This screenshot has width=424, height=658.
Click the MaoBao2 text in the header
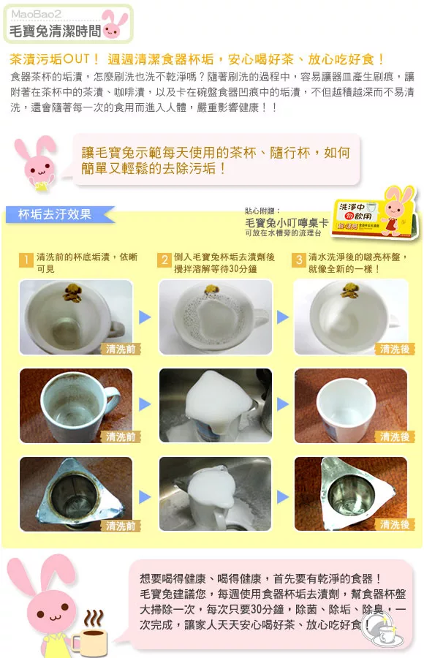coord(36,14)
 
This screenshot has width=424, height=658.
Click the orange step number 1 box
coord(26,260)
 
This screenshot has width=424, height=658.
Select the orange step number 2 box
coord(164,260)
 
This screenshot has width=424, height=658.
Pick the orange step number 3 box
coord(298,260)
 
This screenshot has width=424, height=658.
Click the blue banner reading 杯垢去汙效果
coord(58,214)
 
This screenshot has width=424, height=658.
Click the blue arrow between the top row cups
coord(145,317)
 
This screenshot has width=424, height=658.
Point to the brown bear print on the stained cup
coord(72,292)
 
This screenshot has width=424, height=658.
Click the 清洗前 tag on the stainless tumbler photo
coord(121,526)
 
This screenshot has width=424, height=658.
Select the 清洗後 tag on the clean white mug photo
coord(395,437)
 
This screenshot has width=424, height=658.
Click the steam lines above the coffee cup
coord(93,619)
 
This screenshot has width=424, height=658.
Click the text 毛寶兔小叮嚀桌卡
coord(287,223)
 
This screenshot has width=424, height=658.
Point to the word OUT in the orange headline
coord(76,58)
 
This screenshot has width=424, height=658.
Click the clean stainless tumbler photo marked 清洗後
coord(351,494)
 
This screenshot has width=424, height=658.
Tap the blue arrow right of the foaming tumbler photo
coord(283,497)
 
